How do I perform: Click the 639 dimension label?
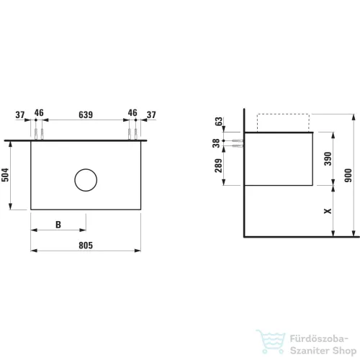[86, 114]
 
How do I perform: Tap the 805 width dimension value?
[86, 246]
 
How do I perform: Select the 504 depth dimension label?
[5, 175]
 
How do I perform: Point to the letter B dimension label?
[58, 225]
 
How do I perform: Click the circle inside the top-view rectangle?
[86, 169]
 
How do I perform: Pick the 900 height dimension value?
[348, 175]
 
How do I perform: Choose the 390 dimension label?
[328, 158]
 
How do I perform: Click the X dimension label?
[328, 211]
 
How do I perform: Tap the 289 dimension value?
[219, 166]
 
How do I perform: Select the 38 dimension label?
[216, 143]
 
